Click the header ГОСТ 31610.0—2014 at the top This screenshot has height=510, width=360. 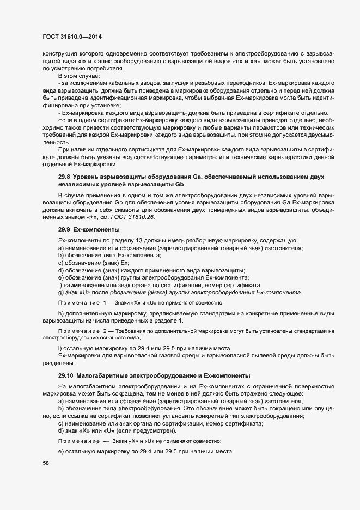[x=72, y=37]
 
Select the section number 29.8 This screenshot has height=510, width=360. [x=64, y=177]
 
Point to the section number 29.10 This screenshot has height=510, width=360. [x=65, y=376]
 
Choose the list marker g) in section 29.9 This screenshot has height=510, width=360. [x=61, y=293]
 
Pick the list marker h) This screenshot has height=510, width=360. [x=61, y=313]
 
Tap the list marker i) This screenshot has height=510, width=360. [x=60, y=348]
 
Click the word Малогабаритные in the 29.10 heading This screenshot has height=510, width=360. [x=102, y=376]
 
